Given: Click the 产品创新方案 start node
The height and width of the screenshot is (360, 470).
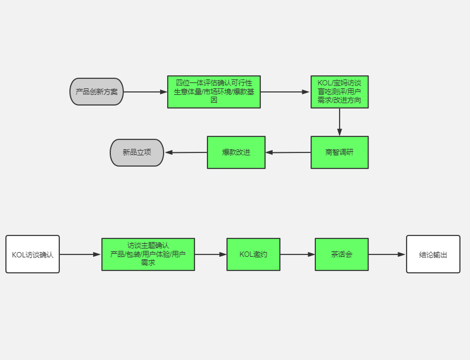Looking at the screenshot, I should (97, 92).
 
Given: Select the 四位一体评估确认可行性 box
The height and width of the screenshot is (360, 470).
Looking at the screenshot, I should (214, 92).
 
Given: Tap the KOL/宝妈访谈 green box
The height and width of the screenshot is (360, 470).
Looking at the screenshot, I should (340, 92).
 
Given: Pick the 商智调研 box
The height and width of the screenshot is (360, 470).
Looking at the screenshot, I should (340, 152).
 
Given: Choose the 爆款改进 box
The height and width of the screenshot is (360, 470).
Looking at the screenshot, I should (236, 152).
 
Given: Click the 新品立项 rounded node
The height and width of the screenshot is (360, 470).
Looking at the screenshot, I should (137, 152).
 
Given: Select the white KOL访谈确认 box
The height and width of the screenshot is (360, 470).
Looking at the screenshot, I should (33, 254).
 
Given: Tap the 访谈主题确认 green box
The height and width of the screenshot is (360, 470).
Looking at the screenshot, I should (148, 254).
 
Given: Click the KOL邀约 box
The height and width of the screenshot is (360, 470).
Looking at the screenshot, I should (253, 254).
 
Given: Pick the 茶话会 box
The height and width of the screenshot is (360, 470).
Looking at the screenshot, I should (341, 254).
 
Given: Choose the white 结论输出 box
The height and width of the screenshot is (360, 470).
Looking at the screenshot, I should (433, 254).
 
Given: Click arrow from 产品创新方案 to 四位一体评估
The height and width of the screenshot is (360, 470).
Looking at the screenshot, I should (145, 92).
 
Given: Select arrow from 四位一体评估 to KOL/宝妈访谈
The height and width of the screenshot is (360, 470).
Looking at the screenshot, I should (286, 92).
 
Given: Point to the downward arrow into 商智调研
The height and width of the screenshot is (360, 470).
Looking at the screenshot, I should (340, 122).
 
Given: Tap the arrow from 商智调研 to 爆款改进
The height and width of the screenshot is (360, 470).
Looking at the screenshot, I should (288, 152).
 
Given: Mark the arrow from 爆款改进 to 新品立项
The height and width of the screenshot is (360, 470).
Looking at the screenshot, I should (186, 152).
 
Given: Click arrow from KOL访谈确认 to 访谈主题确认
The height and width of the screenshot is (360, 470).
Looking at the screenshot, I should (81, 254).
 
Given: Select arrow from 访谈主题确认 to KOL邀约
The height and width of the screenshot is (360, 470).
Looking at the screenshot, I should (210, 254).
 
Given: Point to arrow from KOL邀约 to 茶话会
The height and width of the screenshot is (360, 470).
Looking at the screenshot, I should (298, 254).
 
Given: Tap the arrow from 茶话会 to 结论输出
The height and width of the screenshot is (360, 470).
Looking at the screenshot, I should (387, 254).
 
